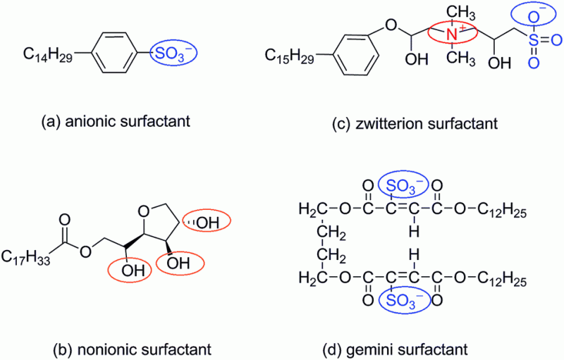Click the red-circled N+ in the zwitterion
pyautogui.click(x=453, y=32)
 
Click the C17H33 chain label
pyautogui.click(x=29, y=254)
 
